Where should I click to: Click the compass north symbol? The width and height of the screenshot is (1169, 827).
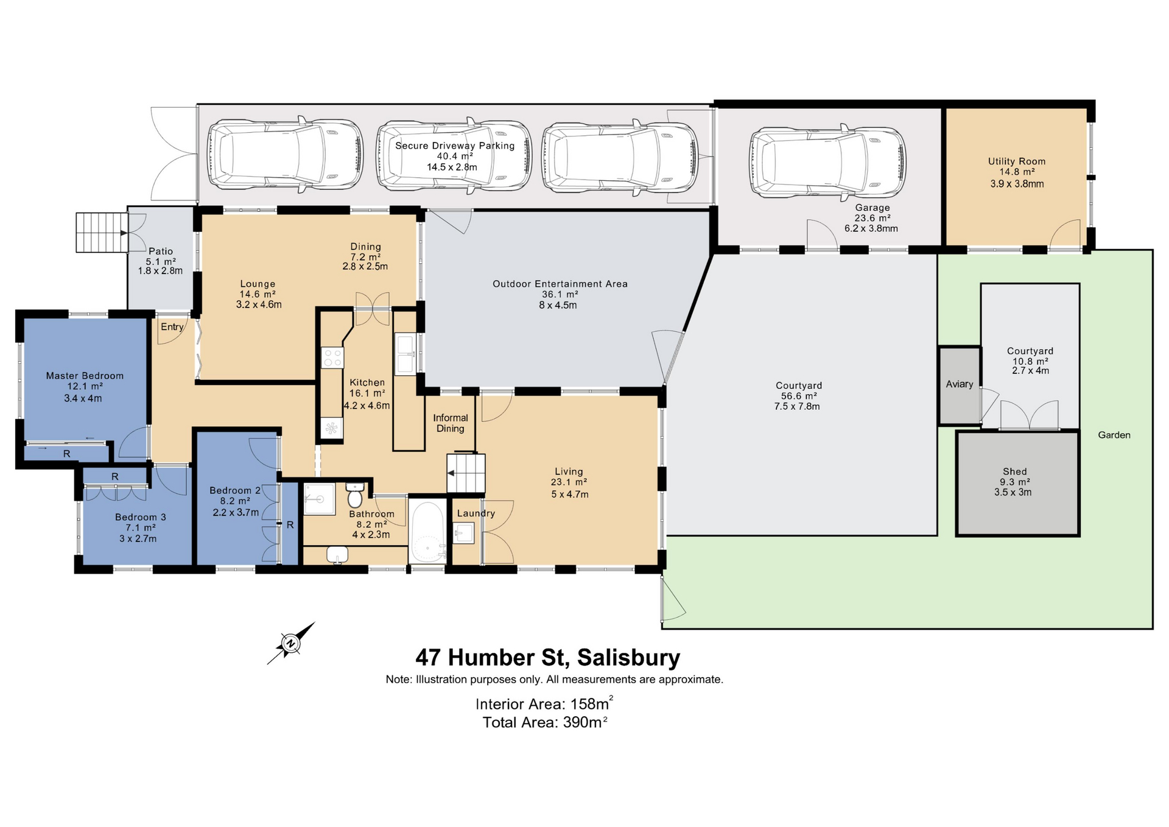[x=291, y=643]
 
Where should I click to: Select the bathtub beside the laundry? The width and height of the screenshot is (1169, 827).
[x=427, y=532]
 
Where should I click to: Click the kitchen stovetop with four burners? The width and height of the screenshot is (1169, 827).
[x=332, y=357]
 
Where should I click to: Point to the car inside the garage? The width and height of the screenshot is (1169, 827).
[x=827, y=163]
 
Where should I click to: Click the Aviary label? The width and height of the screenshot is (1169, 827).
[x=960, y=384]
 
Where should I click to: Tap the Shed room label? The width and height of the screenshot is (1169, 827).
[x=1014, y=471]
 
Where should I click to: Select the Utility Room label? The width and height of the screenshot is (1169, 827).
[x=1017, y=161]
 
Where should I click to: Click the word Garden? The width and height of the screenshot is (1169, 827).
[x=1114, y=435]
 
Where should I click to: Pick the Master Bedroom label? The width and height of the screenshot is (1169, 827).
[x=85, y=376]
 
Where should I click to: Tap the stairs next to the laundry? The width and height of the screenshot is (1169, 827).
[x=466, y=473]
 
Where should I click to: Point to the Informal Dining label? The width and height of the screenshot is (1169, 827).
[x=451, y=423]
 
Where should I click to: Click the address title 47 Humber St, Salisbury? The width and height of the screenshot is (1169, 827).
[x=548, y=658]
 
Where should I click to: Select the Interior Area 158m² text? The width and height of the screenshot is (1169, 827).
[x=544, y=703]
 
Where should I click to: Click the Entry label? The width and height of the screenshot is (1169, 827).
[x=172, y=327]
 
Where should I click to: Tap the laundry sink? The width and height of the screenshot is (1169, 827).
[x=464, y=533]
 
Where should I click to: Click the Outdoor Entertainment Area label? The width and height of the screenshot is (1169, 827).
[x=560, y=284]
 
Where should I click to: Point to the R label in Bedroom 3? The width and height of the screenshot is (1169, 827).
[x=115, y=477]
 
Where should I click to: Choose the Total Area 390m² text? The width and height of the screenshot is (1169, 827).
[x=545, y=722]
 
